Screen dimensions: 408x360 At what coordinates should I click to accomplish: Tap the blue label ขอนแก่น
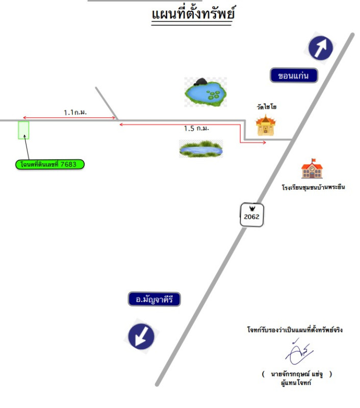point(294,76)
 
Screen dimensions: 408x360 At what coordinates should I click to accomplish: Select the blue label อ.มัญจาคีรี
point(155,299)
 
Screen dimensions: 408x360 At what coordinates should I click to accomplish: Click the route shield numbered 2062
point(252,215)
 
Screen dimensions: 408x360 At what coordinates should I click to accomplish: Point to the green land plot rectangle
point(23,130)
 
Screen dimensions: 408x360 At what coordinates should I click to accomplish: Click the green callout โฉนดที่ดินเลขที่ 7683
point(49,164)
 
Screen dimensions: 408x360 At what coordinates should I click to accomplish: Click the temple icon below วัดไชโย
point(265,125)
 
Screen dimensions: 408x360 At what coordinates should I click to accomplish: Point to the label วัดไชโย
point(266,108)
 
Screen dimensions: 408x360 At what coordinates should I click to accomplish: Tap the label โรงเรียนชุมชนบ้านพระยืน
point(313,187)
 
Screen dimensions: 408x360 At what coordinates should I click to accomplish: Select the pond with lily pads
point(205,92)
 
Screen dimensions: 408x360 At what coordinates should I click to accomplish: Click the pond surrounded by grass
point(201,149)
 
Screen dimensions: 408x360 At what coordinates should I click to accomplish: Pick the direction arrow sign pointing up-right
point(320,48)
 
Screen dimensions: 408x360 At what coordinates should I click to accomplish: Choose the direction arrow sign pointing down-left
point(141,336)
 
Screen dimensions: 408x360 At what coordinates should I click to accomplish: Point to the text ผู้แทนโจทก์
point(296,382)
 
